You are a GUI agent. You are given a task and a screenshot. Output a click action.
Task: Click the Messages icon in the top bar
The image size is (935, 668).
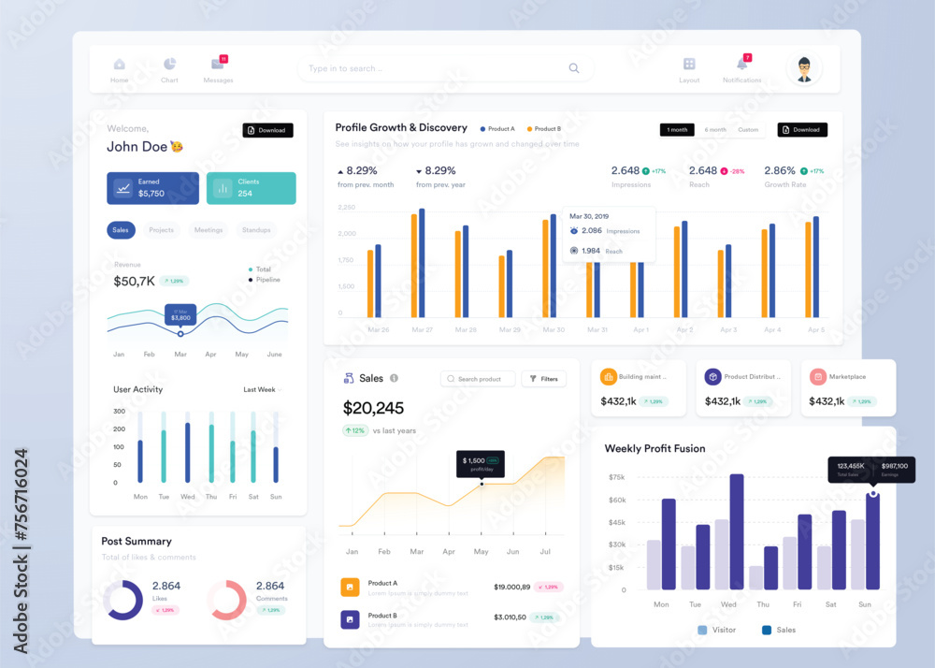pyautogui.click(x=218, y=65)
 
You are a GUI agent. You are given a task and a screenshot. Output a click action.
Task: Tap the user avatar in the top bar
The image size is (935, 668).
pyautogui.click(x=804, y=68)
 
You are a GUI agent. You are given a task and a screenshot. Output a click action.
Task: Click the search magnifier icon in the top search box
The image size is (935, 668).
pyautogui.click(x=574, y=68)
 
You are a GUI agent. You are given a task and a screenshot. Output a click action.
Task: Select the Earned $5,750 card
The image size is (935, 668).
pyautogui.click(x=152, y=188)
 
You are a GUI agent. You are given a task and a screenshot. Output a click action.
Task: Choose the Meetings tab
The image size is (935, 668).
pyautogui.click(x=209, y=230)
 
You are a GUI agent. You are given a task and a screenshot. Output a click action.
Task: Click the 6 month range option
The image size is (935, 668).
pyautogui.click(x=715, y=130)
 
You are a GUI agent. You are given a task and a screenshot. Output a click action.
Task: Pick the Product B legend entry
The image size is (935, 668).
pyautogui.click(x=544, y=129)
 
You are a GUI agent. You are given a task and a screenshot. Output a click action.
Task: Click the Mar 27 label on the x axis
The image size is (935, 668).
pyautogui.click(x=423, y=330)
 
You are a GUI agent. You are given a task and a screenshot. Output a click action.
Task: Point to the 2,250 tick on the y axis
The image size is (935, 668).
pyautogui.click(x=346, y=208)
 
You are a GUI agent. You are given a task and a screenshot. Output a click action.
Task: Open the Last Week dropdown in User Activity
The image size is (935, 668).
pyautogui.click(x=262, y=389)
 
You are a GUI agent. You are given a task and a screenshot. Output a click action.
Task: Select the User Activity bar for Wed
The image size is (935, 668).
pyautogui.click(x=187, y=452)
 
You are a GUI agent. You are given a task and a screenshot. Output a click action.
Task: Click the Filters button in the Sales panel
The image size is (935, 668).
pyautogui.click(x=543, y=379)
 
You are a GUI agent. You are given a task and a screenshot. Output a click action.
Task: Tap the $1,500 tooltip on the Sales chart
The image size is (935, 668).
pyautogui.click(x=481, y=463)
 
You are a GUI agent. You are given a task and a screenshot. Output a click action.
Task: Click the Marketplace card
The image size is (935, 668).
pyautogui.click(x=847, y=388)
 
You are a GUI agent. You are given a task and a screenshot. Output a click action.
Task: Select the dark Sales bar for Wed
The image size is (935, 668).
pyautogui.click(x=737, y=531)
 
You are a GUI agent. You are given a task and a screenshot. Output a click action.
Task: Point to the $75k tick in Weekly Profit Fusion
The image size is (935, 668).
pyautogui.click(x=616, y=477)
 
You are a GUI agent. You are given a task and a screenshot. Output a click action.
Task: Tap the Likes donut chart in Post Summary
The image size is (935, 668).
pyautogui.click(x=122, y=600)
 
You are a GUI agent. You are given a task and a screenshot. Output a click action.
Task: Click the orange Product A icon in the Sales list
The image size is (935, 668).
pyautogui.click(x=351, y=588)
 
